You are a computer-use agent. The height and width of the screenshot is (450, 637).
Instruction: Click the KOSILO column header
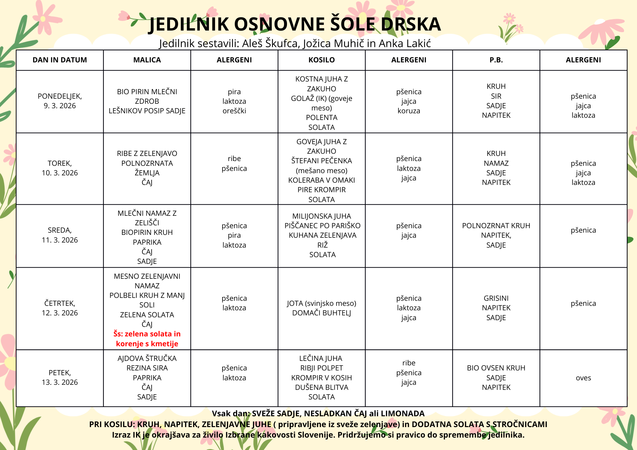click(321, 60)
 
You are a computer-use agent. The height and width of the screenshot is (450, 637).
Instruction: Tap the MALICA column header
click(147, 60)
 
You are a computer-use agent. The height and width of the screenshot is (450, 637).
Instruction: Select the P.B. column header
click(496, 60)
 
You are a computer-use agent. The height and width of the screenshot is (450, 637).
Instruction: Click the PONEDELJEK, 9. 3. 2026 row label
click(60, 101)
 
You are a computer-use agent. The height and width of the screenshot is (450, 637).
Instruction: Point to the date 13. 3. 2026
click(60, 382)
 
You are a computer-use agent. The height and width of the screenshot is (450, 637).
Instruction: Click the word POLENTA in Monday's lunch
click(321, 117)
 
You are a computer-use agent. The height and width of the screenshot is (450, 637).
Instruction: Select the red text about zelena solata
click(147, 339)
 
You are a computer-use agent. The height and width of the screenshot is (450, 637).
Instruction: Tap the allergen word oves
click(583, 378)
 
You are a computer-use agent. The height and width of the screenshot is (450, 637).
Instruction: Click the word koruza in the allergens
click(409, 111)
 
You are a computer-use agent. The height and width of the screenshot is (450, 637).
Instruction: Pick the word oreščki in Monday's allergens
click(234, 111)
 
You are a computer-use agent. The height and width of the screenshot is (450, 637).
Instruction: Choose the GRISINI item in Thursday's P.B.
click(496, 298)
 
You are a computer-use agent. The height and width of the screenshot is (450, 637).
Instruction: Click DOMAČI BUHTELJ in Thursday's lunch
click(321, 313)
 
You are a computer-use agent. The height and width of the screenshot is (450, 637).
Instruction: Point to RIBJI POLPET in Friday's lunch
click(321, 368)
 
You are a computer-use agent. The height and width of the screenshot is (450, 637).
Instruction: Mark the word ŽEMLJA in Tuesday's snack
click(147, 173)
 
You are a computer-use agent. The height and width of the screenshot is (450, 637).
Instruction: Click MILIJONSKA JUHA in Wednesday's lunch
click(321, 216)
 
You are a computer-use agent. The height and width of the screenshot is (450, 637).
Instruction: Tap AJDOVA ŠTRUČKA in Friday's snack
click(147, 358)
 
